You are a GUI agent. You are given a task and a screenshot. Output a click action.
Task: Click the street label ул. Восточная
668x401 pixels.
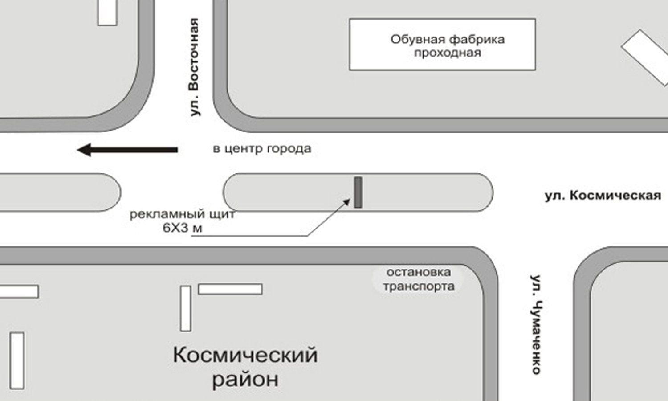pyautogui.click(x=195, y=67)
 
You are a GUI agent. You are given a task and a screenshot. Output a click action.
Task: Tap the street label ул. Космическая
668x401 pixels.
pyautogui.click(x=603, y=196)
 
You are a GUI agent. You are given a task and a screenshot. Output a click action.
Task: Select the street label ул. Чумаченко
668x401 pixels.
pyautogui.click(x=536, y=324)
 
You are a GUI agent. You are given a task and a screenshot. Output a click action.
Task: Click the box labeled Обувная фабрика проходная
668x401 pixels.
pyautogui.click(x=442, y=45)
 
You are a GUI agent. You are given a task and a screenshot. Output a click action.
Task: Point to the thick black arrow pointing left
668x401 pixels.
pyautogui.click(x=127, y=150)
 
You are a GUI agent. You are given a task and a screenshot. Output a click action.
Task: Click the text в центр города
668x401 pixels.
pyautogui.click(x=262, y=148)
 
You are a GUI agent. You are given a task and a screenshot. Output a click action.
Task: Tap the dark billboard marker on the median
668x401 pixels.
pyautogui.click(x=358, y=192)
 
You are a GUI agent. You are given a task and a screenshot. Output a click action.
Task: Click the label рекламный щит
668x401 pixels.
pyautogui.click(x=182, y=214)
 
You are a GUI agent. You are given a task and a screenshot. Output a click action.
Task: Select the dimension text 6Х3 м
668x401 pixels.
pyautogui.click(x=182, y=229)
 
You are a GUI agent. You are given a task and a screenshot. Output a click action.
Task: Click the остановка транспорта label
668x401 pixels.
pyautogui.click(x=419, y=279)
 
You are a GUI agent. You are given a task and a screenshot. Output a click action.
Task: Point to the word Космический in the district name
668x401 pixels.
pyautogui.click(x=245, y=356)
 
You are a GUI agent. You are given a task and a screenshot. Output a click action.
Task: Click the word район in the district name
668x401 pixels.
pyautogui.click(x=245, y=380)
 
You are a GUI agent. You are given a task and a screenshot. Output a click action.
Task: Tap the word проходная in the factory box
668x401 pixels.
pyautogui.click(x=448, y=53)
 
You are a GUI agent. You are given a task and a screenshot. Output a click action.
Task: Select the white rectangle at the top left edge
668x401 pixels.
pyautogui.click(x=107, y=12)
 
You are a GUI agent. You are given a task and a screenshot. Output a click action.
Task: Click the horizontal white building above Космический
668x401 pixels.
pyautogui.click(x=230, y=289)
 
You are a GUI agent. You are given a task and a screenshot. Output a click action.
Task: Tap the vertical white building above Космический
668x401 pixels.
pyautogui.click(x=186, y=308)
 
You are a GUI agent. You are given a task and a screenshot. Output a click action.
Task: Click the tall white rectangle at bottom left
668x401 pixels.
pyautogui.click(x=17, y=360)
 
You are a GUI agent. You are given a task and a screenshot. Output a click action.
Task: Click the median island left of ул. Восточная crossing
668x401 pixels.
pyautogui.click(x=58, y=192)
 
